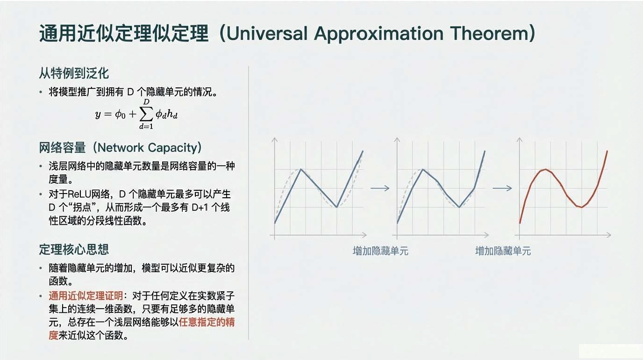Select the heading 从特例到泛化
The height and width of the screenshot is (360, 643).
pos(74,73)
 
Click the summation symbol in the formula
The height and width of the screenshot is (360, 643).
pos(146,114)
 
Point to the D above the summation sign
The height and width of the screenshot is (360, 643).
pos(146,102)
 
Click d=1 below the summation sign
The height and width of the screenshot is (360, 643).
pos(146,126)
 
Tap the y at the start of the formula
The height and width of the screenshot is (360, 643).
pos(98,115)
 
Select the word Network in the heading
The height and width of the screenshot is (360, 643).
pos(121,148)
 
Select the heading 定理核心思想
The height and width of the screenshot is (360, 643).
pos(74,249)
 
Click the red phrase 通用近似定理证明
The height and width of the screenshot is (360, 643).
pos(86,295)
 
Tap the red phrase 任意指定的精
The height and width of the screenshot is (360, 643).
pos(207,322)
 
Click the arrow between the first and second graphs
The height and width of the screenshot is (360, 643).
pos(380,188)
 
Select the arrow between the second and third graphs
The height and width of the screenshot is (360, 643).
pos(502,188)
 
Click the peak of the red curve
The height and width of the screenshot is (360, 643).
pos(545,170)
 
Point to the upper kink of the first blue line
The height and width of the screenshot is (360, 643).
pos(300,169)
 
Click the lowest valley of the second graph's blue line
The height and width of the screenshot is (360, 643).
pos(459,207)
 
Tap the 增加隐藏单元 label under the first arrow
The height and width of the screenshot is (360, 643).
pos(380,251)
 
